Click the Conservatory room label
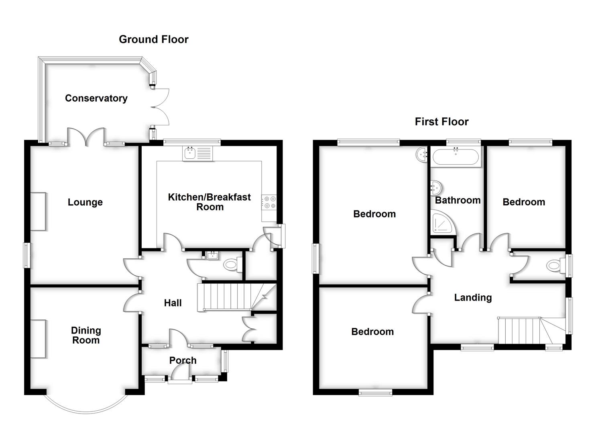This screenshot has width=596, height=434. (x=96, y=98)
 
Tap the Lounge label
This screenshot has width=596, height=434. (x=85, y=202)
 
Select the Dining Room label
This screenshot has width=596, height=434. (x=85, y=335)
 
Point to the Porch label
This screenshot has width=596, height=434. (x=183, y=360)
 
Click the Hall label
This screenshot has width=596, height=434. (x=173, y=303)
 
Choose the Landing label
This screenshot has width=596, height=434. (x=473, y=297)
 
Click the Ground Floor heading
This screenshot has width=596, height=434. (x=153, y=39)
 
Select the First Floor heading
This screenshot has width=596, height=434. (x=441, y=121)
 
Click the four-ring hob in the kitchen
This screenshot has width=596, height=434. (x=269, y=202)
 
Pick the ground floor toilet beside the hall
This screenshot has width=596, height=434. (x=231, y=265)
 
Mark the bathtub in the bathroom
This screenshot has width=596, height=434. (x=456, y=157)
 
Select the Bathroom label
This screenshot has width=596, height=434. (x=458, y=200)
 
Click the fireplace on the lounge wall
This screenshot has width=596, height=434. (x=38, y=211)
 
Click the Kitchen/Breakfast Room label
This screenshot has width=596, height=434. (x=210, y=202)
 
